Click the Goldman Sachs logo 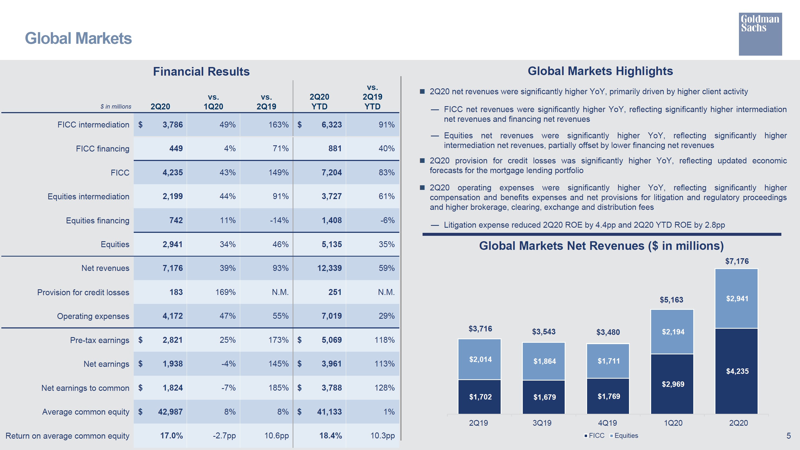point(760,34)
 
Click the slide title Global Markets point(78,39)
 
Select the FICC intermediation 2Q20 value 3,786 point(172,125)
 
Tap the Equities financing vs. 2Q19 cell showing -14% point(279,220)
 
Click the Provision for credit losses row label point(83,293)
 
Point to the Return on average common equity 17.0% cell point(171,436)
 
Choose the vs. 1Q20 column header point(213,102)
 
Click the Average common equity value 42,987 point(170,412)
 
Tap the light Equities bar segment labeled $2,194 point(672,332)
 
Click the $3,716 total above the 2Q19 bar point(480,328)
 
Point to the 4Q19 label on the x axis point(607,423)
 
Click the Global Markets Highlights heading point(600,71)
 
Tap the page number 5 point(788,436)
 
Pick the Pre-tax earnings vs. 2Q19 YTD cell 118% point(384,340)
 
